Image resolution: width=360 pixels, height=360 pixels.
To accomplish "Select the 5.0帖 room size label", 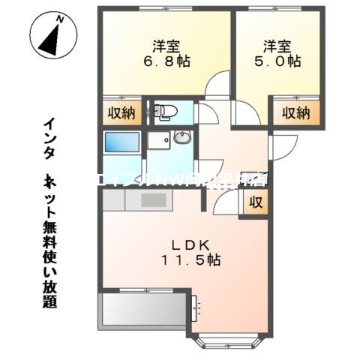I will [280, 60].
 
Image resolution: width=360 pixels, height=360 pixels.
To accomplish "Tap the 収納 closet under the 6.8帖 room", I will [119, 113].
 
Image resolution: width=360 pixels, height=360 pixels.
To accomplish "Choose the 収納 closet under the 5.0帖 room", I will [296, 113].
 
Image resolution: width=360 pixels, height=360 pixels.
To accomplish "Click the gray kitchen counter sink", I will [154, 199].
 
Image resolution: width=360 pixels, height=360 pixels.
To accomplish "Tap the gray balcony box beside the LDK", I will [142, 307].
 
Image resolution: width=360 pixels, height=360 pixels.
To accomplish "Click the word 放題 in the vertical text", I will [49, 293].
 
